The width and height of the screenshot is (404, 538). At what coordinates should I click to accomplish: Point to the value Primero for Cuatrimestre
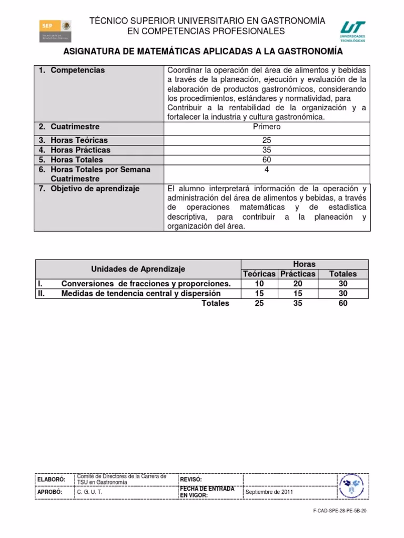(267, 127)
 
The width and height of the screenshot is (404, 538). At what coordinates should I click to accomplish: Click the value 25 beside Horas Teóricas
(267, 140)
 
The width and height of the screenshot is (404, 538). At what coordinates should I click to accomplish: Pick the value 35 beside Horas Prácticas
(267, 150)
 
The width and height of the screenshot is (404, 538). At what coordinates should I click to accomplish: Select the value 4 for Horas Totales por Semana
(267, 170)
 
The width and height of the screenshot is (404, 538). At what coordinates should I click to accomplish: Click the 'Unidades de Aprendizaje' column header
(138, 269)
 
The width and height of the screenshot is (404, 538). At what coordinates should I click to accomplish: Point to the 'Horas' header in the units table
(304, 264)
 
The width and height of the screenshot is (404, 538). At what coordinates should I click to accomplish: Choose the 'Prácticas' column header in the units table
(298, 274)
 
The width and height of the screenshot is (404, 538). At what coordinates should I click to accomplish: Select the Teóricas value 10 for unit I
(259, 284)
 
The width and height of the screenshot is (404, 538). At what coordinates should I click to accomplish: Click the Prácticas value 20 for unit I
(298, 284)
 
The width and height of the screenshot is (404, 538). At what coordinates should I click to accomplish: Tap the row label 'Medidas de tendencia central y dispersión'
(141, 294)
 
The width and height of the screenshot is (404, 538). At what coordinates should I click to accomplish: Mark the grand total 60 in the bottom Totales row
(342, 304)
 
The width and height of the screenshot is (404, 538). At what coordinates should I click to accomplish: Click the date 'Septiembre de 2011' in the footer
(269, 492)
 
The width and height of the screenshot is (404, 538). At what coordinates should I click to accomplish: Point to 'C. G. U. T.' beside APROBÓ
(90, 492)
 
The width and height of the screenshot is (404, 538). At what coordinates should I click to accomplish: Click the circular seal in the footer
(351, 487)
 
